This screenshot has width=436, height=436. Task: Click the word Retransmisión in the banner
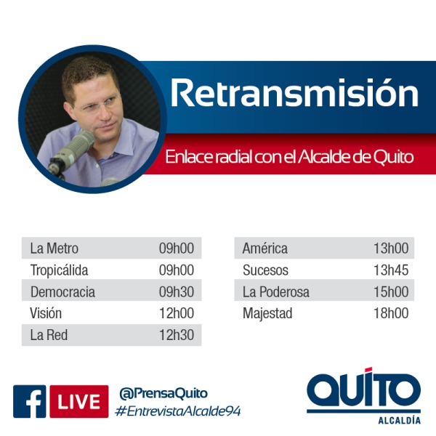(294, 93)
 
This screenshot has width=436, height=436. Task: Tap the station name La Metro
(54, 249)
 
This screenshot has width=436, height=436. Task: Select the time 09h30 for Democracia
(177, 291)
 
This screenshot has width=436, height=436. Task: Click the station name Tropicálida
(59, 270)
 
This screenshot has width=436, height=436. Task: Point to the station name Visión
(46, 313)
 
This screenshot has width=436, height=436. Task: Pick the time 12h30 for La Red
(177, 335)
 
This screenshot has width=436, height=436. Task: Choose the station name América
(265, 248)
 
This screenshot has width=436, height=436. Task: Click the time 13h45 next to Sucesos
(391, 270)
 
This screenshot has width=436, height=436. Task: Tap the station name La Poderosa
(276, 292)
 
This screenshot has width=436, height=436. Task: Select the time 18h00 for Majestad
(391, 313)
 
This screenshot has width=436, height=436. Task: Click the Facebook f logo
(30, 402)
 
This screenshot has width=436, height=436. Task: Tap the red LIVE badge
(79, 402)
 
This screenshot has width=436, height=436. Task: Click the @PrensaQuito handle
(163, 393)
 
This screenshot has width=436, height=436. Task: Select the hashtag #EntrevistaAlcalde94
(178, 411)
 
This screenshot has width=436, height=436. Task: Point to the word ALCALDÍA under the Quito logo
(399, 420)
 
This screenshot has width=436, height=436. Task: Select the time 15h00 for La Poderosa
(391, 291)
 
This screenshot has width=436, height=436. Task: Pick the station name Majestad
(267, 314)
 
